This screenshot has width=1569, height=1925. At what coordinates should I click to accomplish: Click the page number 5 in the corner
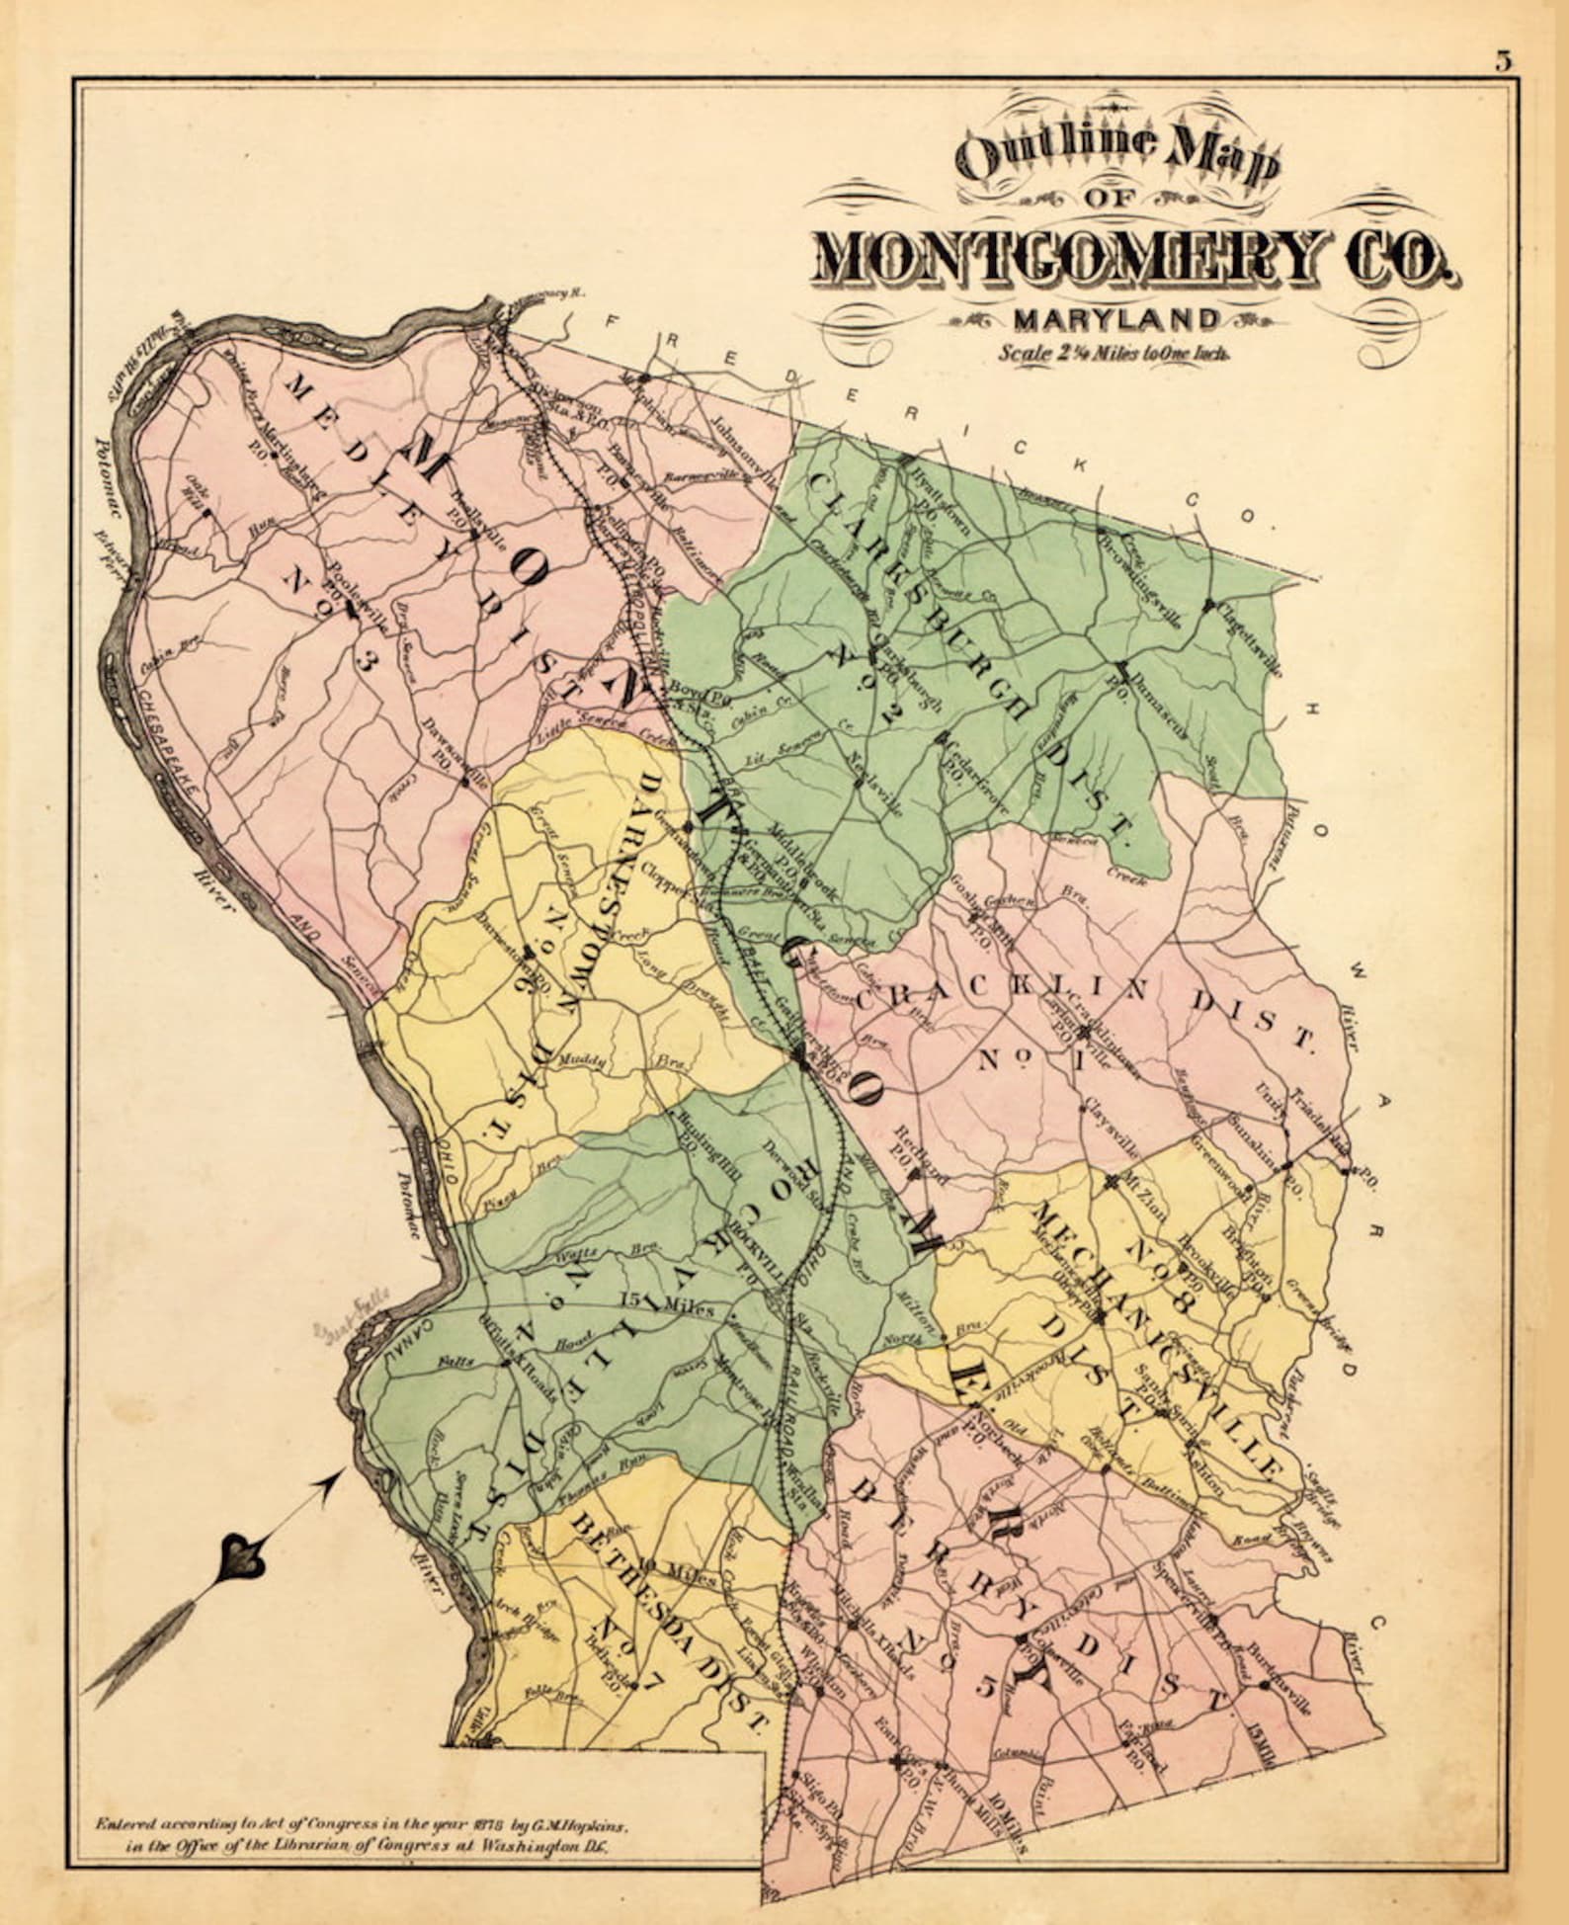[1503, 61]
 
